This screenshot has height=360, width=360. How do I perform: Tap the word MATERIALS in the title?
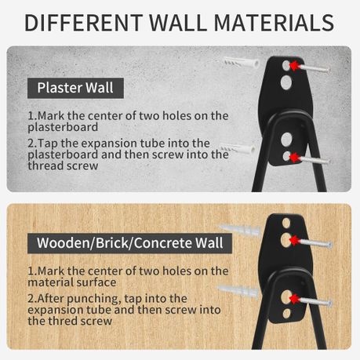pyautogui.click(x=274, y=23)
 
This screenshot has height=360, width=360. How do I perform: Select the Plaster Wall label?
pyautogui.click(x=75, y=88)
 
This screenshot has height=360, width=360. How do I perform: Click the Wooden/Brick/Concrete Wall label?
pyautogui.click(x=129, y=243)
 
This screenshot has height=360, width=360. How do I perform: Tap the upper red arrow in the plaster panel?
pyautogui.click(x=294, y=66)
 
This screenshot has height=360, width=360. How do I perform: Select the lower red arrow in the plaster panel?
pyautogui.click(x=294, y=158)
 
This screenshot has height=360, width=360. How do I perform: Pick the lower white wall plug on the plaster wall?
pyautogui.click(x=238, y=149)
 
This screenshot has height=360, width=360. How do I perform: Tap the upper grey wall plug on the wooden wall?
pyautogui.click(x=239, y=229)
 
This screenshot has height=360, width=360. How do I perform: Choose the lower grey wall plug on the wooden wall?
pyautogui.click(x=238, y=290)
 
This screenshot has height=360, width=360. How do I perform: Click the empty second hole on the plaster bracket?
pyautogui.click(x=286, y=82)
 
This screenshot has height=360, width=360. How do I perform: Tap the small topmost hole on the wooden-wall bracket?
pyautogui.click(x=286, y=223)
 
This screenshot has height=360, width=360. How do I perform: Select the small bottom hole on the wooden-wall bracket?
pyautogui.click(x=287, y=313)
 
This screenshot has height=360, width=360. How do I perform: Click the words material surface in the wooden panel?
pyautogui.click(x=72, y=282)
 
